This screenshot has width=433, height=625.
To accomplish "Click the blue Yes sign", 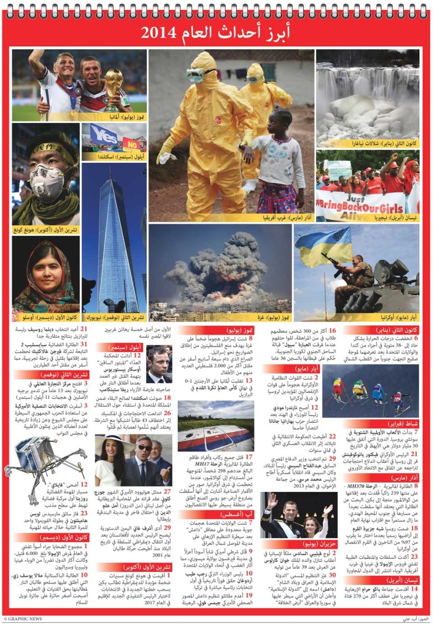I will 103,134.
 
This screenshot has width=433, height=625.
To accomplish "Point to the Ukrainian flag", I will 323,244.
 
